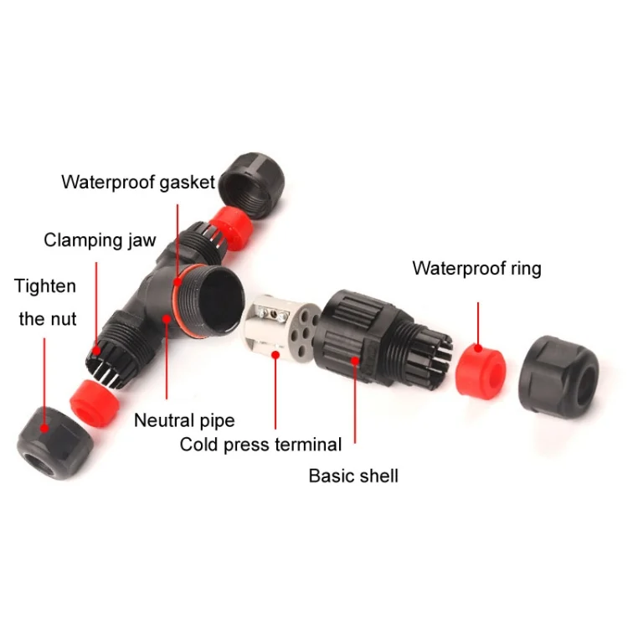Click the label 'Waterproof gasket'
click(x=138, y=183)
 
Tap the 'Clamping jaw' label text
click(x=100, y=240)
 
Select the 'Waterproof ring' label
click(x=476, y=268)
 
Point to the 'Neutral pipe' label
click(x=184, y=420)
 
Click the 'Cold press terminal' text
click(x=260, y=445)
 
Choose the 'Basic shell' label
click(x=353, y=476)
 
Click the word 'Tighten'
click(x=45, y=286)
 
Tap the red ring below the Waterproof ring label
click(x=481, y=371)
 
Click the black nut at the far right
click(x=559, y=376)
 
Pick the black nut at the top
click(x=253, y=185)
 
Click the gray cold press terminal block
click(x=281, y=332)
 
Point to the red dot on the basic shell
click(x=355, y=360)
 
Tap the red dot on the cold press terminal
click(x=275, y=355)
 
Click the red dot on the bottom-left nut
click(x=45, y=429)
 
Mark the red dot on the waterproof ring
click(x=478, y=348)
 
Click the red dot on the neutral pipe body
click(x=167, y=319)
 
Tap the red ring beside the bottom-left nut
click(x=95, y=403)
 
